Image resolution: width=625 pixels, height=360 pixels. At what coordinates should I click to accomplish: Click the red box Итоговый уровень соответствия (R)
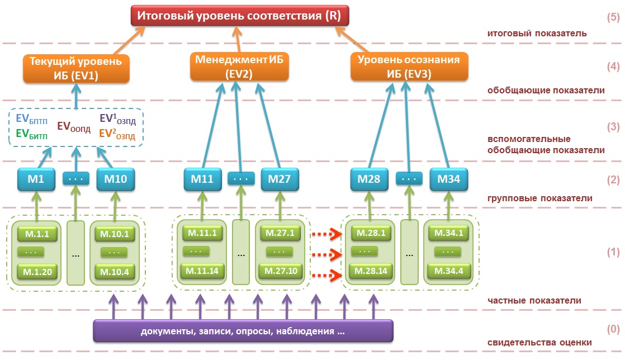240,16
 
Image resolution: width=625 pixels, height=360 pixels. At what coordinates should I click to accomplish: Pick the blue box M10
116,179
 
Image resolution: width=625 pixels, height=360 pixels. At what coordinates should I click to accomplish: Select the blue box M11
202,179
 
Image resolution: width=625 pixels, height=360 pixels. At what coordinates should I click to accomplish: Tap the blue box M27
280,179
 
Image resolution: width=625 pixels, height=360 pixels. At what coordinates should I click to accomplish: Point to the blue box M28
370,179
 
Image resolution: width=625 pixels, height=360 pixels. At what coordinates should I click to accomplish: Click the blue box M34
449,179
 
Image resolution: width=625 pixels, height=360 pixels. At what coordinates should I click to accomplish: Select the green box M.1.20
37,272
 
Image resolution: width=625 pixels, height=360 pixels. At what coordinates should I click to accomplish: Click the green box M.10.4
115,272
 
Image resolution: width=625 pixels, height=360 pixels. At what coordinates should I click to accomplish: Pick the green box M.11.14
202,272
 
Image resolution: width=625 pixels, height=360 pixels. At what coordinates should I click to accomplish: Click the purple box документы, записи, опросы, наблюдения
243,331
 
